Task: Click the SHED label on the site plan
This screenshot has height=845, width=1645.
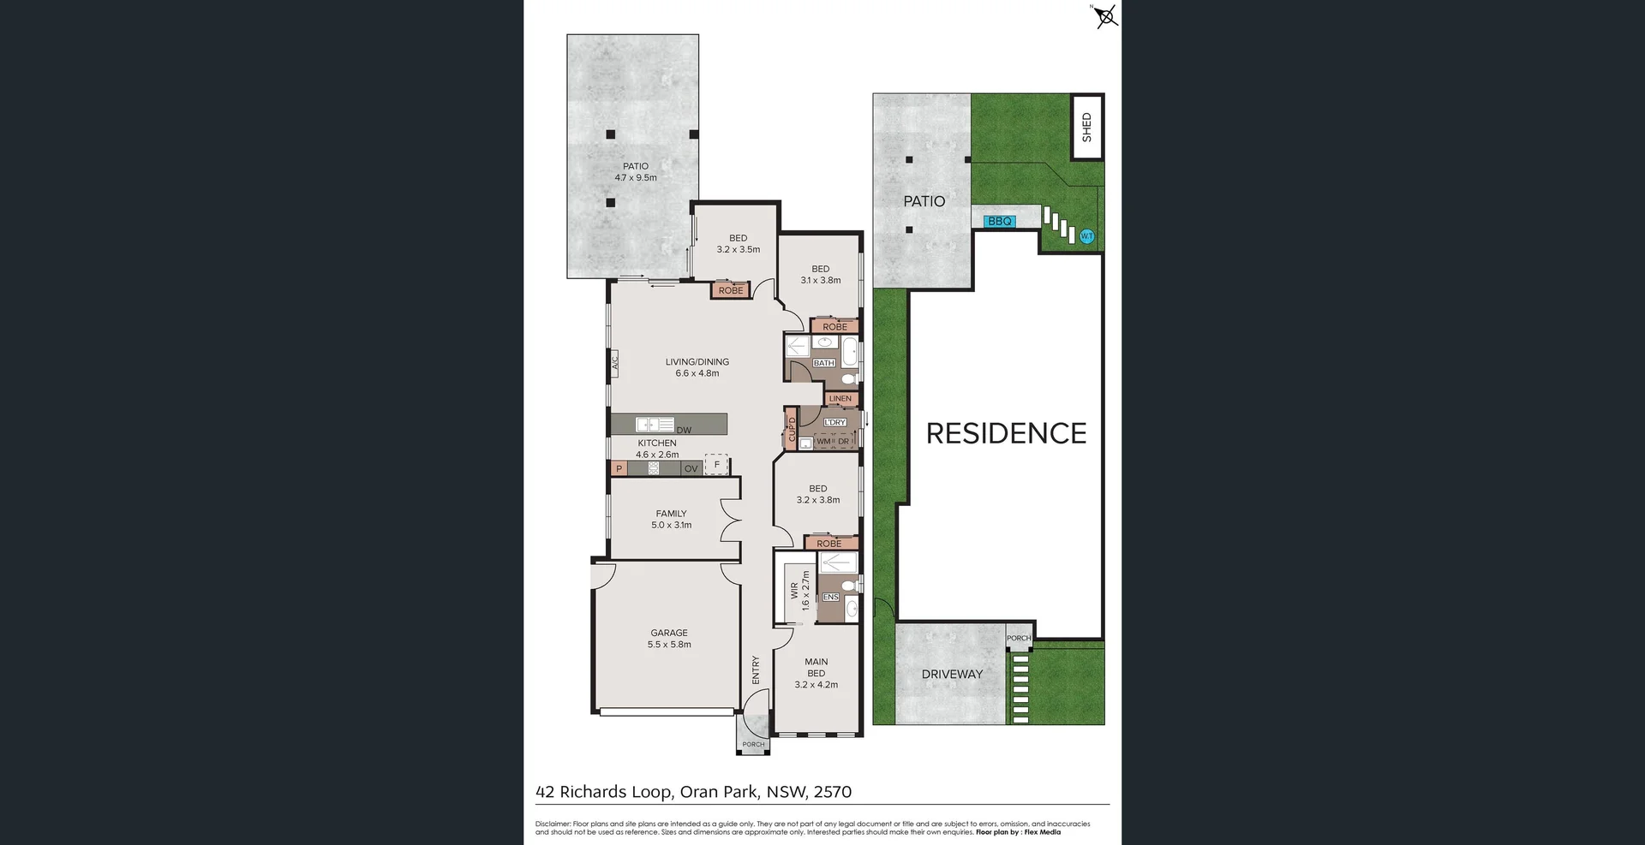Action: [x=1087, y=127]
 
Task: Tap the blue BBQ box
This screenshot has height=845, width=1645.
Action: [x=1000, y=222]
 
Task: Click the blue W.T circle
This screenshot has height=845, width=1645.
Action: [x=1086, y=236]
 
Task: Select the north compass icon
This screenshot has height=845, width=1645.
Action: [x=1106, y=16]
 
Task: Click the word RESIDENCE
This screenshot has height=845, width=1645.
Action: [x=1006, y=433]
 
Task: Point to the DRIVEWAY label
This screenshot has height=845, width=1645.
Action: [x=952, y=675]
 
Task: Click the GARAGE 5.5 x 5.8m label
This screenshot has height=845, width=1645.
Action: [x=669, y=639]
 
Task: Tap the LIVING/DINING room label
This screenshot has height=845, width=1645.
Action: [x=697, y=367]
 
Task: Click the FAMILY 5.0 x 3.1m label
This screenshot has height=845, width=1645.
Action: [x=671, y=519]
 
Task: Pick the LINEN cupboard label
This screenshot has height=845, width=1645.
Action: [x=840, y=399]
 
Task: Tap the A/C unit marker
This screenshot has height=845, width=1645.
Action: [x=614, y=363]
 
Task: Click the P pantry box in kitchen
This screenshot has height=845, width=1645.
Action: [x=619, y=469]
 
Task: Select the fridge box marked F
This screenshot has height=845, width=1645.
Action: [x=716, y=465]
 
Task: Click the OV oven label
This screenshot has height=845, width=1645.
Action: [x=691, y=469]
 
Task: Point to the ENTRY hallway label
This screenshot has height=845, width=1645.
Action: [x=756, y=669]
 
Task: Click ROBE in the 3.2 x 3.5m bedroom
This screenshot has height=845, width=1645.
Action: [x=731, y=291]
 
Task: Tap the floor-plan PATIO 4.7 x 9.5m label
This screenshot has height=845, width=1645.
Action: [x=635, y=172]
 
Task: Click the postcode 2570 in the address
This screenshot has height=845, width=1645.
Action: [x=832, y=792]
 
